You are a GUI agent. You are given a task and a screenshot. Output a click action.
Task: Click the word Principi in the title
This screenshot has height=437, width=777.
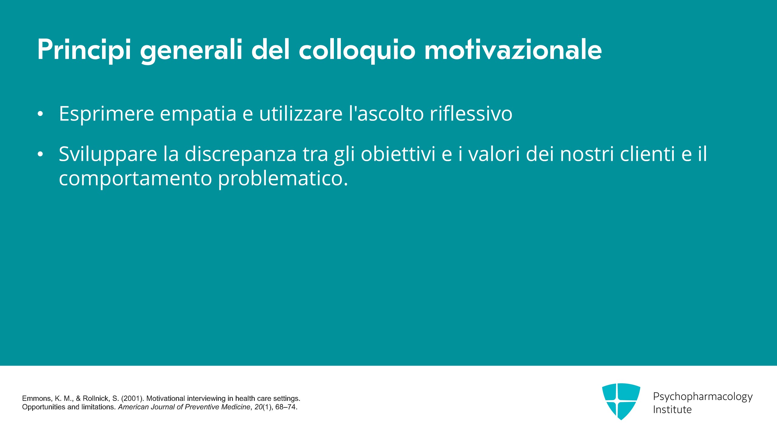(84, 50)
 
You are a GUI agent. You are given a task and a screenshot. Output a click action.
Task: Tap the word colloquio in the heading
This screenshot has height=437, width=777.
(357, 50)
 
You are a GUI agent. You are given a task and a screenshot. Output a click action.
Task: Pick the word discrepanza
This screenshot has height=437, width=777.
(240, 155)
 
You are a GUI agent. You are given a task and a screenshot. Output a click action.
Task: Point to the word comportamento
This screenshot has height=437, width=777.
(135, 179)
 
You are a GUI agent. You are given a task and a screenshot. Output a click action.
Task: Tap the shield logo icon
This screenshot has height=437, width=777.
(621, 401)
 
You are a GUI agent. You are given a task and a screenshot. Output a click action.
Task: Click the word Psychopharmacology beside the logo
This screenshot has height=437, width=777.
(703, 397)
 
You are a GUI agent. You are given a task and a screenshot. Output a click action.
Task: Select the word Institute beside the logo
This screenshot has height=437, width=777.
(672, 409)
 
